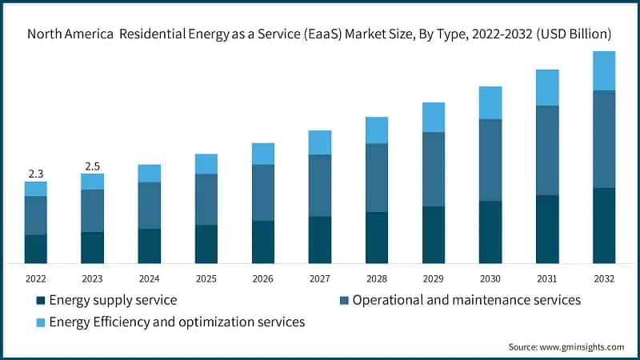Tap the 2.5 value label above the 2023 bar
(92, 166)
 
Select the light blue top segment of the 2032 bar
(604, 70)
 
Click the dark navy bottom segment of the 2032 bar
(604, 226)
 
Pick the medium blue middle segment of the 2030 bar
(490, 160)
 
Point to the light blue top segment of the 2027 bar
(320, 142)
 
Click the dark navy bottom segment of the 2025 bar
(206, 244)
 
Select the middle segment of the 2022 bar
(35, 215)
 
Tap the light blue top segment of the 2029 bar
(434, 117)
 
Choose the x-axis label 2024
(150, 278)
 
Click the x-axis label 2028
(377, 278)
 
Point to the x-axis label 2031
(547, 278)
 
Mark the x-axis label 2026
(263, 278)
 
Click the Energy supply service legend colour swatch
(40, 301)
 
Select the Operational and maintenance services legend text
(466, 301)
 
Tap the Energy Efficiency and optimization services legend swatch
(40, 322)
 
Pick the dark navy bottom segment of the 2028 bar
(377, 238)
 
